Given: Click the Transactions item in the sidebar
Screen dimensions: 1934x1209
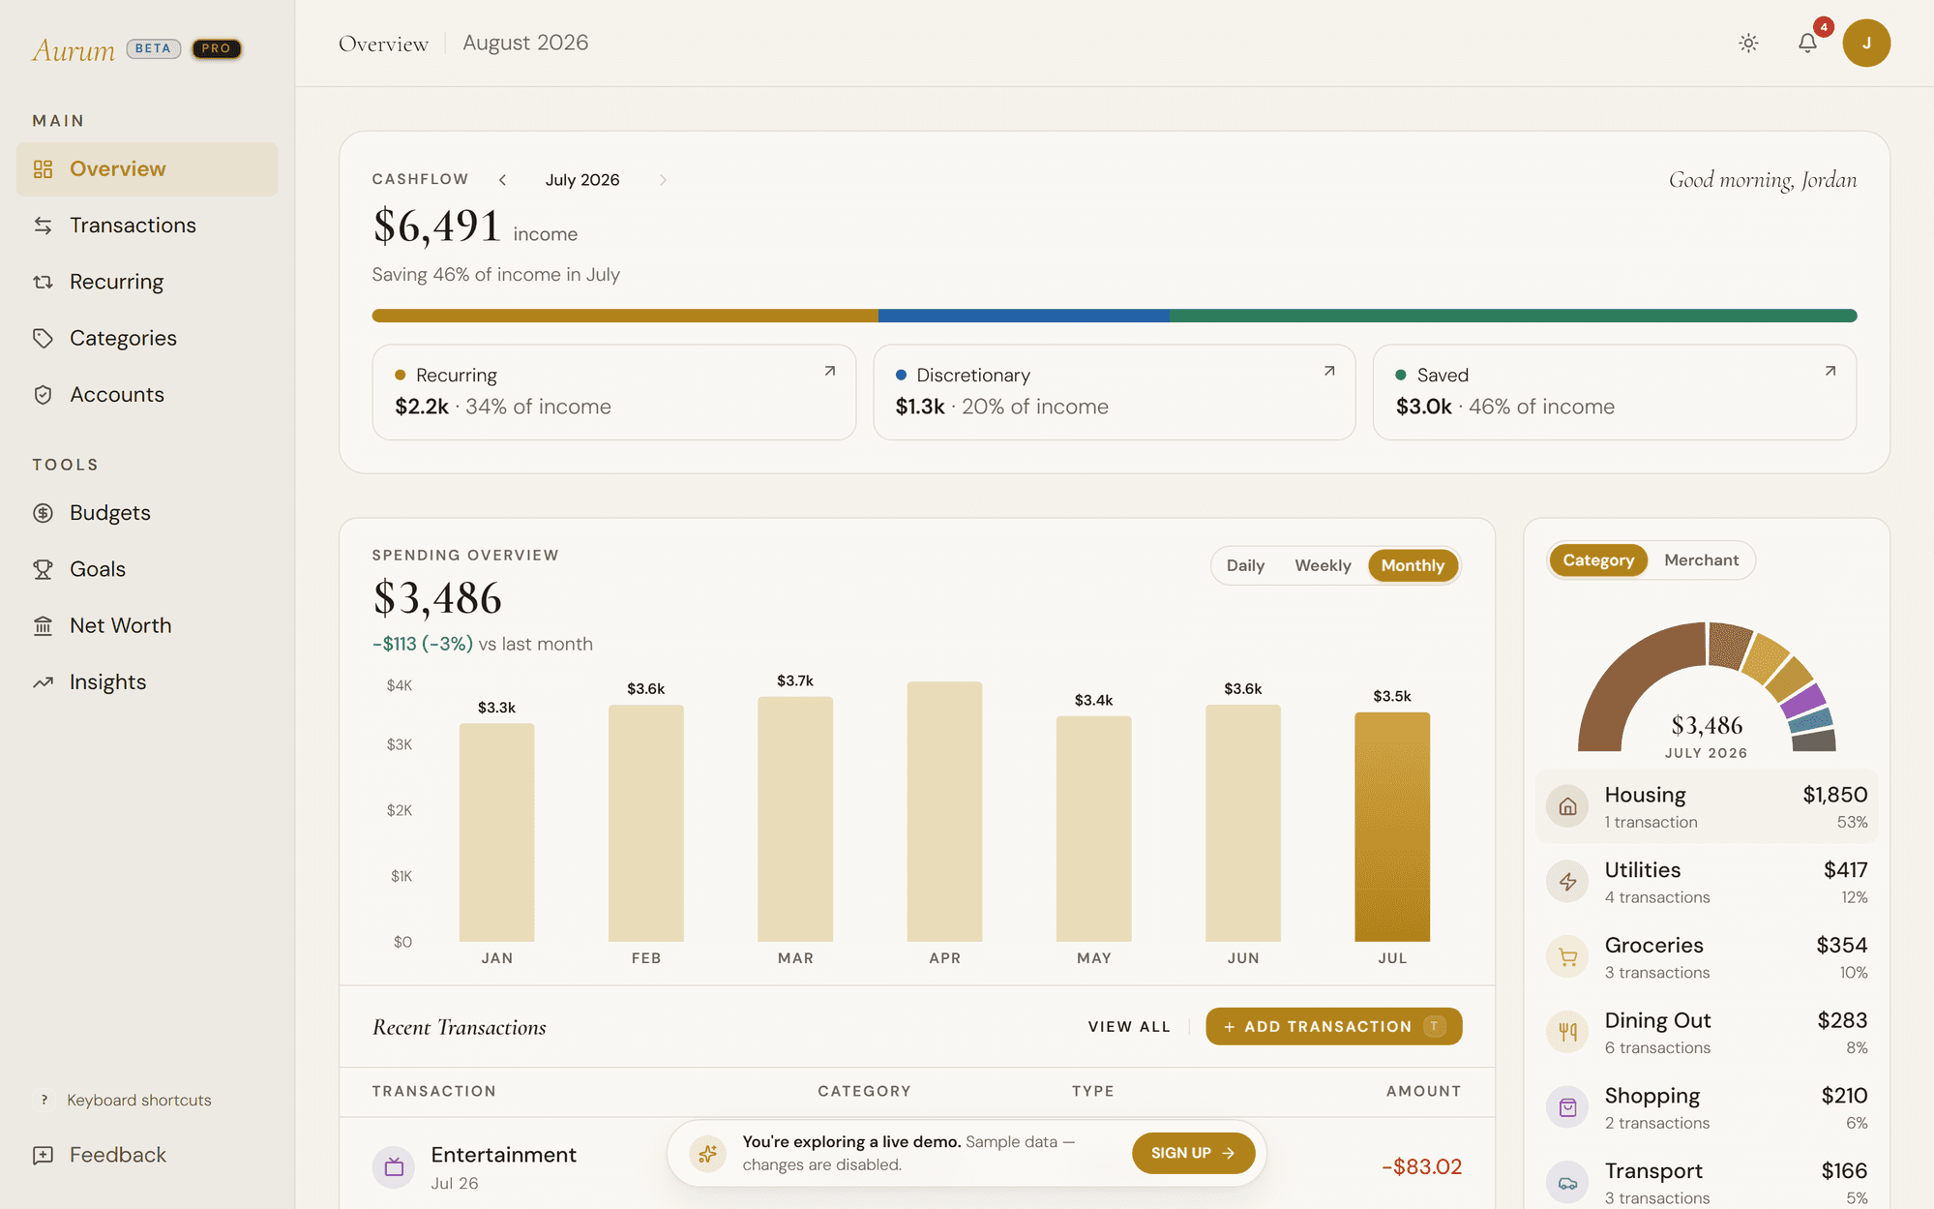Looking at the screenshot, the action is pos(133,226).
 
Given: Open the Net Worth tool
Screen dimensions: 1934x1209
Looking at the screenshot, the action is pos(120,626).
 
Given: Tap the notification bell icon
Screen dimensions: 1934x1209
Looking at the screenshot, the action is pos(1807,43).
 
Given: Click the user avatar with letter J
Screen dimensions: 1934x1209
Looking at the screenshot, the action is pos(1866,43).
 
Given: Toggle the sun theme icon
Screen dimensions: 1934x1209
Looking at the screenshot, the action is pos(1748,43).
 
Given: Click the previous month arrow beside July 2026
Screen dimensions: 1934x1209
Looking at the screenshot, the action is pos(502,180).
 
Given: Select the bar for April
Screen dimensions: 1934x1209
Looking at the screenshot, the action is pos(944,811).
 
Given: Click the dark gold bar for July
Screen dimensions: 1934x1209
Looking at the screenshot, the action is pos(1392,827).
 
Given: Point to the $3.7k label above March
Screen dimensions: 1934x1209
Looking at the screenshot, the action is pos(795,680).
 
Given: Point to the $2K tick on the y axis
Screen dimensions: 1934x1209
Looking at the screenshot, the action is pos(400,810).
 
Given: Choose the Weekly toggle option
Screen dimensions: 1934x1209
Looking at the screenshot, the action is pos(1323,565).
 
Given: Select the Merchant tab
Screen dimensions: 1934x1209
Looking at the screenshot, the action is pos(1701,560).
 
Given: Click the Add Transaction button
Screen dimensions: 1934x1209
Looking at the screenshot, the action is pos(1333,1026).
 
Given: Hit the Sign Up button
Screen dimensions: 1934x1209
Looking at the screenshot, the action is pos(1193,1153).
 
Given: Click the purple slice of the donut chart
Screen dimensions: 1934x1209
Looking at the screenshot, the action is pos(1802,700).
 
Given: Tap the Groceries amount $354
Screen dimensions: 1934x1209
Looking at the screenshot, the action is pos(1841,945).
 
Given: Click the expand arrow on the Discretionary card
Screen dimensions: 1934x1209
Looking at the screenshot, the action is pos(1329,371).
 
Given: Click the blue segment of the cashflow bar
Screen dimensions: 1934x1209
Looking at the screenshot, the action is pos(1024,316).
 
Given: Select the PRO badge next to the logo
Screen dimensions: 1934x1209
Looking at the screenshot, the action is pos(216,48).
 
